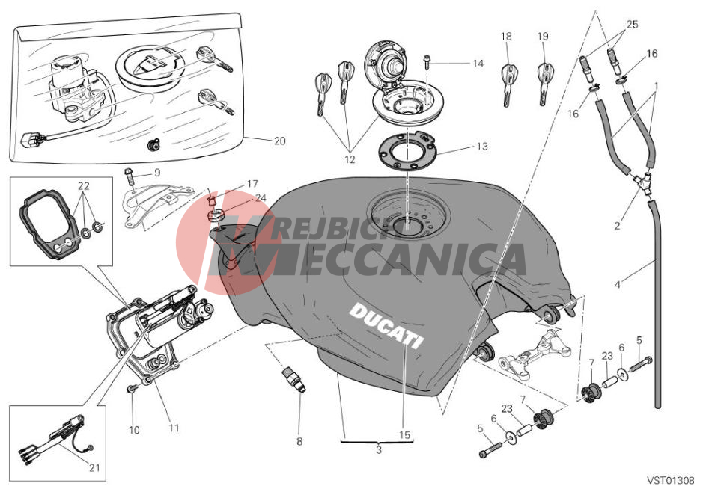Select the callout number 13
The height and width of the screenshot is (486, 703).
(x=481, y=147)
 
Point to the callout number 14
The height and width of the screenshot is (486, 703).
(x=478, y=64)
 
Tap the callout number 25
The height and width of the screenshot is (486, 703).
(x=633, y=25)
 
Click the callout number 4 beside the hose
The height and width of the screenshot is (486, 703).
(x=617, y=284)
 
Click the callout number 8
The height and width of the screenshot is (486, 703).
(x=299, y=442)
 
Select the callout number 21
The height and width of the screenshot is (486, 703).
(x=94, y=469)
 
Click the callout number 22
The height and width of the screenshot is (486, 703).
(x=83, y=185)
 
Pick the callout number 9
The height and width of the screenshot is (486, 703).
(x=157, y=173)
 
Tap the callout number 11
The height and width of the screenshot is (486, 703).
(x=174, y=428)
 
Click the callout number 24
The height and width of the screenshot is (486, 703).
(x=261, y=198)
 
